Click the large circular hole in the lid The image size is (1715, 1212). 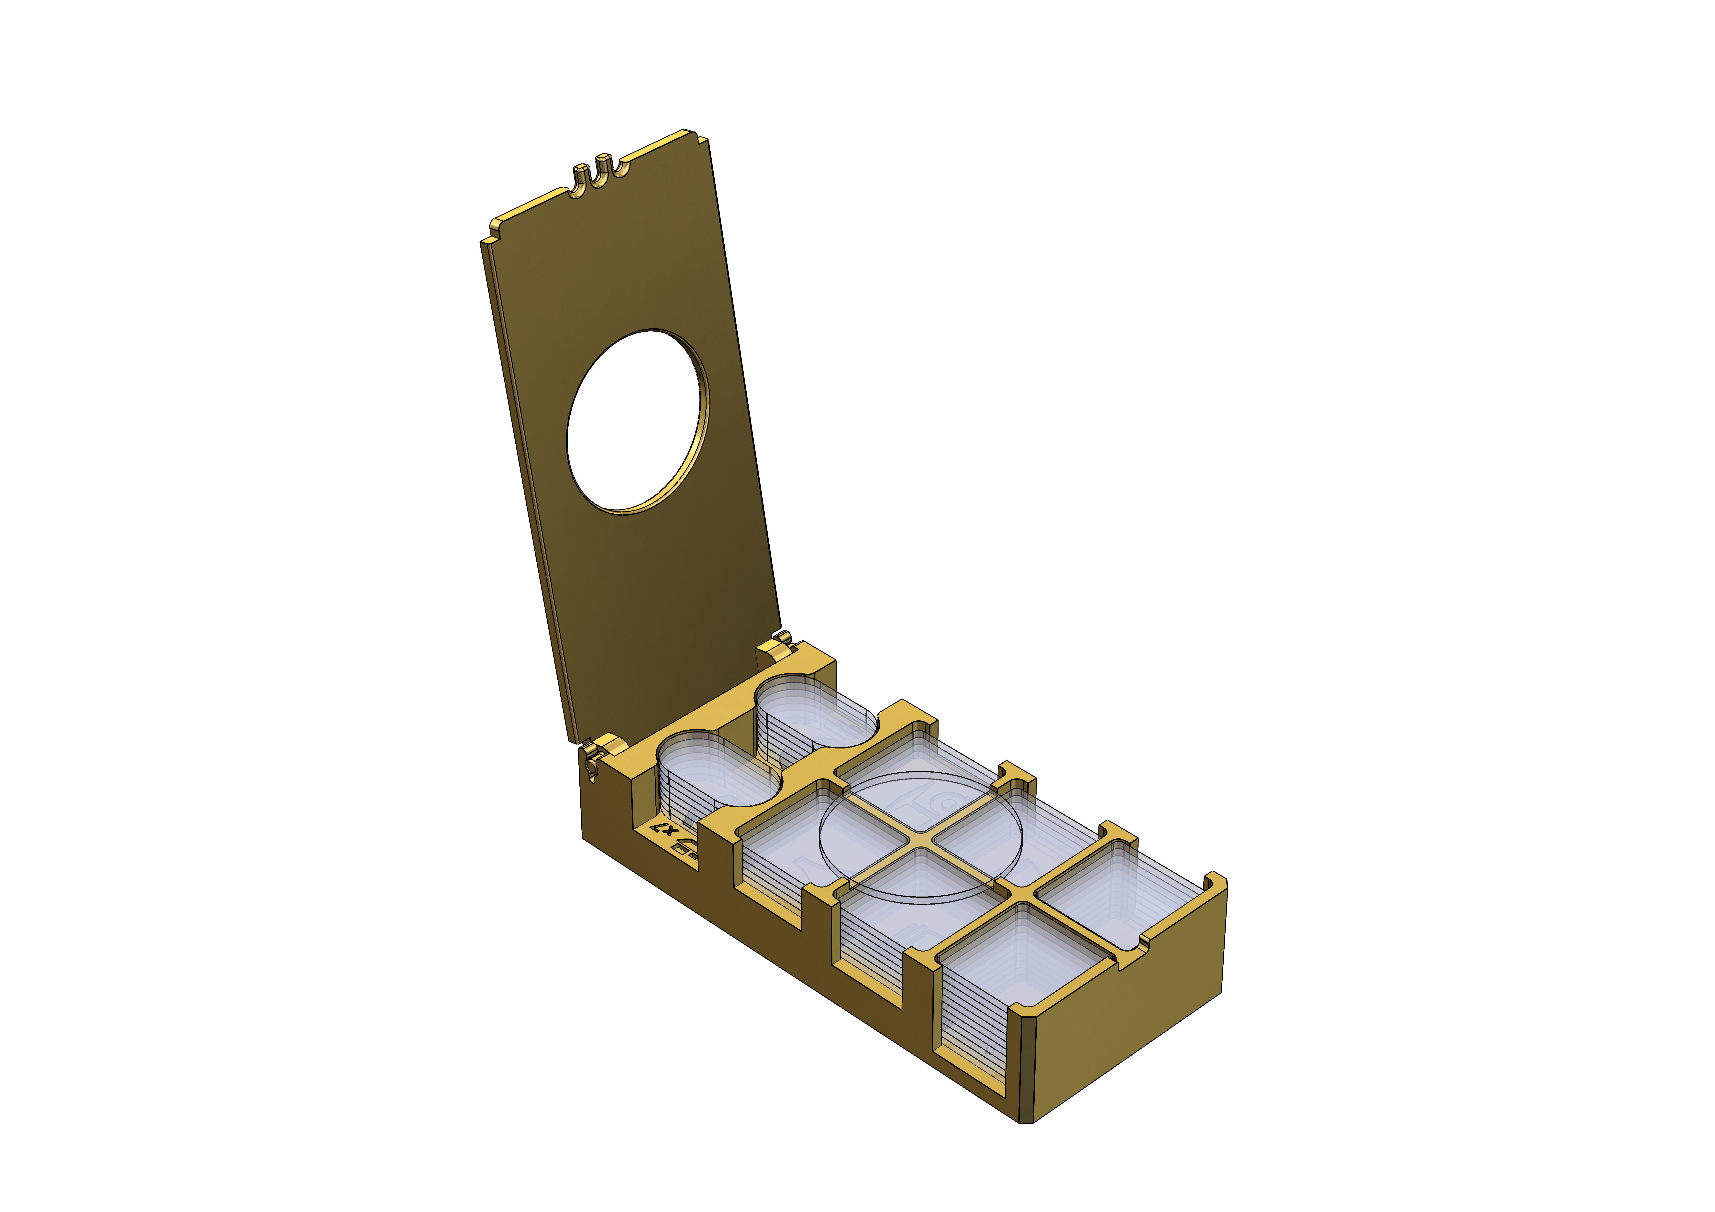636,422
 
